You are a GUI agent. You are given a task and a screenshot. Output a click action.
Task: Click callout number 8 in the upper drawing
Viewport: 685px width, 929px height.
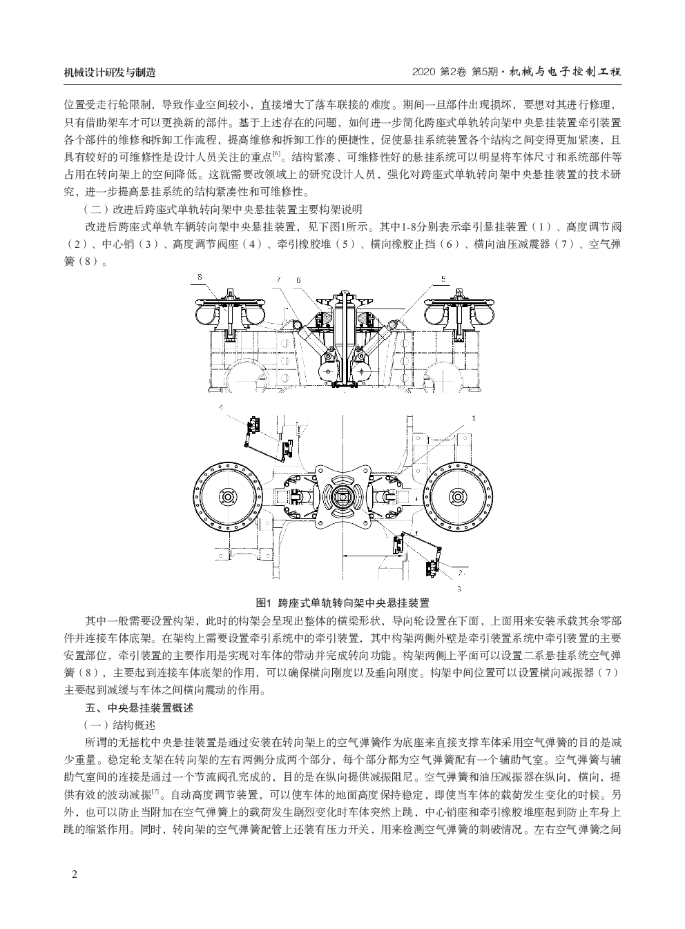pos(200,277)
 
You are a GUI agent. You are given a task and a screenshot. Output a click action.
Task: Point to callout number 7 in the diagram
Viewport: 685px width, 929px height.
pos(278,280)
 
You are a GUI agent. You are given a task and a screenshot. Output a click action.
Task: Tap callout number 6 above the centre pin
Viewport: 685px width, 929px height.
pos(298,280)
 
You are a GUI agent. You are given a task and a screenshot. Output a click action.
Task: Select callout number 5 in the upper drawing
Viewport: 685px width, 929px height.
pos(443,279)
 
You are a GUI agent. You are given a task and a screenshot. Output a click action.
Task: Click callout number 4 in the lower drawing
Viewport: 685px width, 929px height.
pos(221,407)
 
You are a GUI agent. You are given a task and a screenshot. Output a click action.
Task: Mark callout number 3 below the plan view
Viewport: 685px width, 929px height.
pos(459,589)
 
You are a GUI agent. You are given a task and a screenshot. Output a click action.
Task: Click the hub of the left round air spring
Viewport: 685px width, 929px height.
pos(228,497)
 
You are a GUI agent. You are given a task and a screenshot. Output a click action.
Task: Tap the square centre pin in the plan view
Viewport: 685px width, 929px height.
pos(343,497)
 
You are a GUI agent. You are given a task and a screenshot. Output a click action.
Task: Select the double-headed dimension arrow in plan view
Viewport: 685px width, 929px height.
pos(372,556)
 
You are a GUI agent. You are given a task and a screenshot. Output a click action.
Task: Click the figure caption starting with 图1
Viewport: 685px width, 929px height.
pos(342,603)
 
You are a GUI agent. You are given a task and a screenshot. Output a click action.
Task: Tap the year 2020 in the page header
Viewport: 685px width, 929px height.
pos(423,72)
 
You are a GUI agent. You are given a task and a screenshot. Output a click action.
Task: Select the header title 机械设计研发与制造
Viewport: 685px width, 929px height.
pos(110,72)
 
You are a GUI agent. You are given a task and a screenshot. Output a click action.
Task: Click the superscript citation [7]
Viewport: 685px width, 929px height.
pos(155,792)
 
